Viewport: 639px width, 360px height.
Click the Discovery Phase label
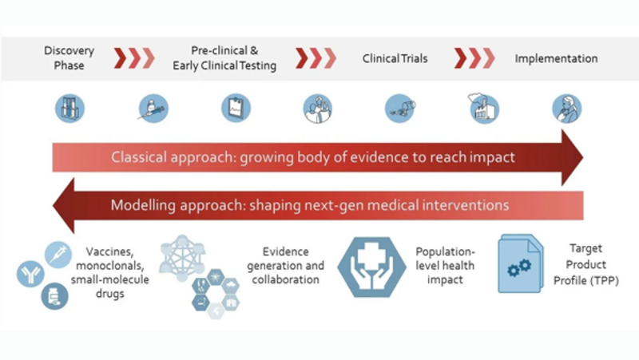click(69, 57)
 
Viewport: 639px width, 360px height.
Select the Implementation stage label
click(556, 58)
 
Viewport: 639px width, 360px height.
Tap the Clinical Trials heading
click(395, 58)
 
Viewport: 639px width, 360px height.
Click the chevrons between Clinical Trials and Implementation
click(474, 58)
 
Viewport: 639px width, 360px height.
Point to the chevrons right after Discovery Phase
click(134, 58)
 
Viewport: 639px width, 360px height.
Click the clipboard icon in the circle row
click(236, 109)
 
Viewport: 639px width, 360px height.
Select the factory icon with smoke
click(484, 108)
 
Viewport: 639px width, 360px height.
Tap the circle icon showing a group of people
click(318, 109)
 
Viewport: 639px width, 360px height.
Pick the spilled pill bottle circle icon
click(400, 109)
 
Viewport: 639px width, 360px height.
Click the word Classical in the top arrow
click(139, 157)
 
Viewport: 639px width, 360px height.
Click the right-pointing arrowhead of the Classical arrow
click(572, 157)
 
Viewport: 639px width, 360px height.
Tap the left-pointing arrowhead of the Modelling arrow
click(64, 205)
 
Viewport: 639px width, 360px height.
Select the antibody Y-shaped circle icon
click(30, 274)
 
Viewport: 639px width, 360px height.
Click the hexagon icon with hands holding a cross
click(371, 267)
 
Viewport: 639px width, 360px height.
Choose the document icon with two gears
click(521, 263)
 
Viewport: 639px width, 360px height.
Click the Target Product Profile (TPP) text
click(585, 264)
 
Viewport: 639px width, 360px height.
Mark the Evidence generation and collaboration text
click(285, 266)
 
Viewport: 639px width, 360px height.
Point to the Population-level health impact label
click(445, 266)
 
